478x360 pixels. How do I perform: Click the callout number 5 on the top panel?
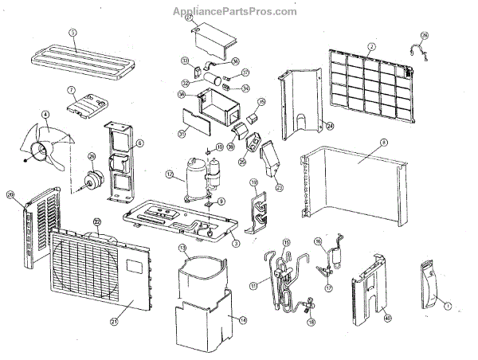(72, 33)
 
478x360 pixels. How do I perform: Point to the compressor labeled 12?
(194, 175)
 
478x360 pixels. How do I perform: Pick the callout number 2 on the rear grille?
(371, 46)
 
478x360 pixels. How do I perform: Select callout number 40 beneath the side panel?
(388, 317)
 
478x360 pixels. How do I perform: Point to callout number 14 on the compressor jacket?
(233, 318)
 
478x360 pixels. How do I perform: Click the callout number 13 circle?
(182, 249)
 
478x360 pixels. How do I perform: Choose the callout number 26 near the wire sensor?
(425, 36)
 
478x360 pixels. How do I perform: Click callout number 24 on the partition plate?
(329, 125)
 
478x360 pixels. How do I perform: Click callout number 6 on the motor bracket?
(139, 144)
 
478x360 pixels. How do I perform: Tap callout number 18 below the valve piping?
(311, 323)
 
